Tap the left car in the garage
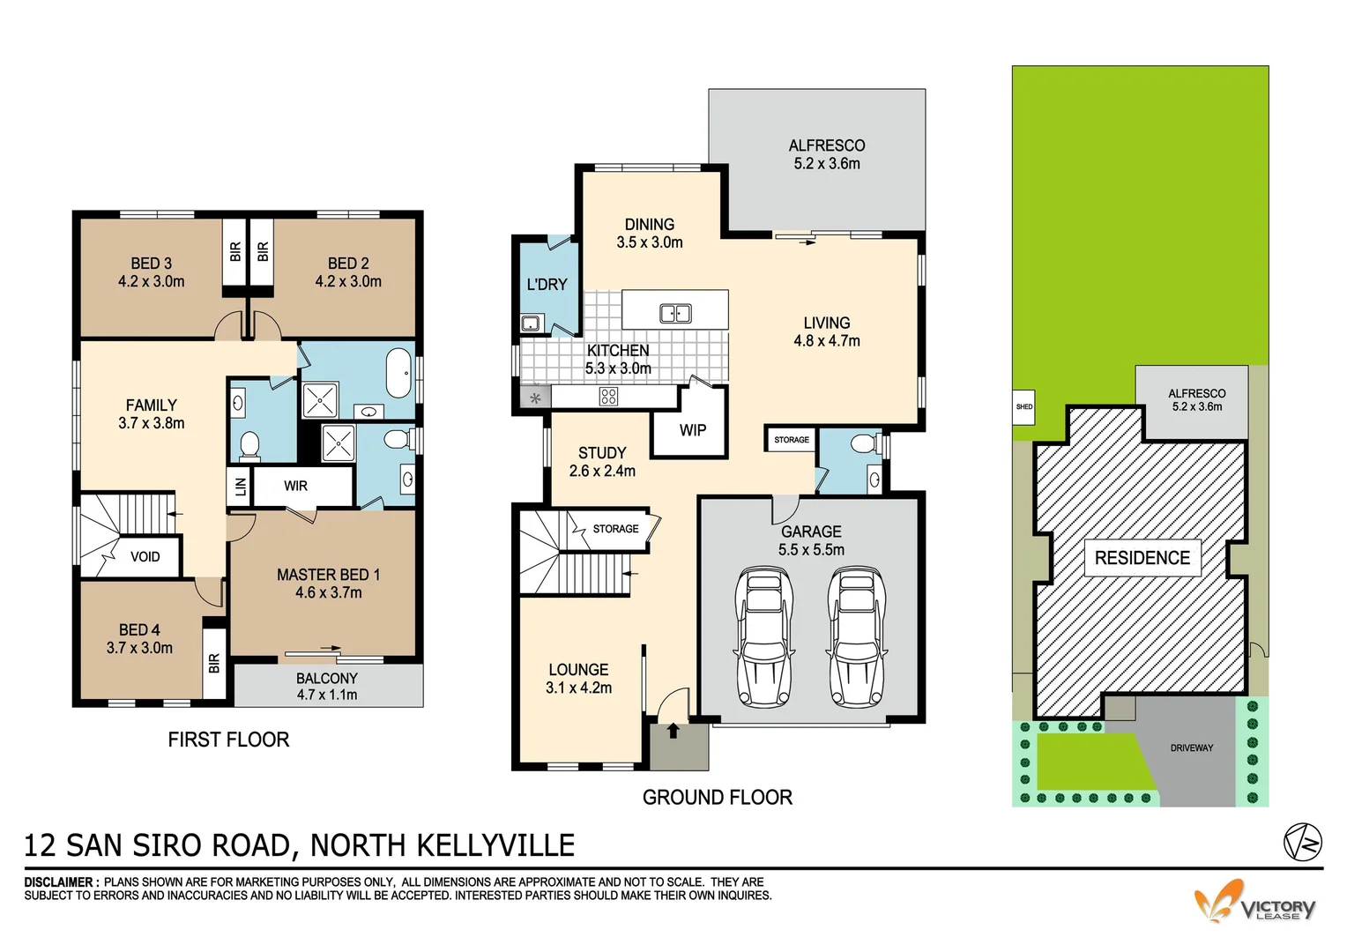coord(763,637)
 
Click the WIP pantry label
coord(692,430)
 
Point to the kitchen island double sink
coord(675,313)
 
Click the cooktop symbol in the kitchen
coord(608,397)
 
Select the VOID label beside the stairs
coord(145,557)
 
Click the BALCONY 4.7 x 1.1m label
coord(327,686)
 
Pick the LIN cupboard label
coord(241,486)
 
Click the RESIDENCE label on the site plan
coord(1142,558)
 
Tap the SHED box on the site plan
coord(1023,407)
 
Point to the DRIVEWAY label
coord(1191,747)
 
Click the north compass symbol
coord(1302,843)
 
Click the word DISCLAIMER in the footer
coord(59,881)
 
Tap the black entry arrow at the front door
coord(673,730)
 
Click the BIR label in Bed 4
coord(213,663)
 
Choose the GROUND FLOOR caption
coord(717,797)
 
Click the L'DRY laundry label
coord(547,285)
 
